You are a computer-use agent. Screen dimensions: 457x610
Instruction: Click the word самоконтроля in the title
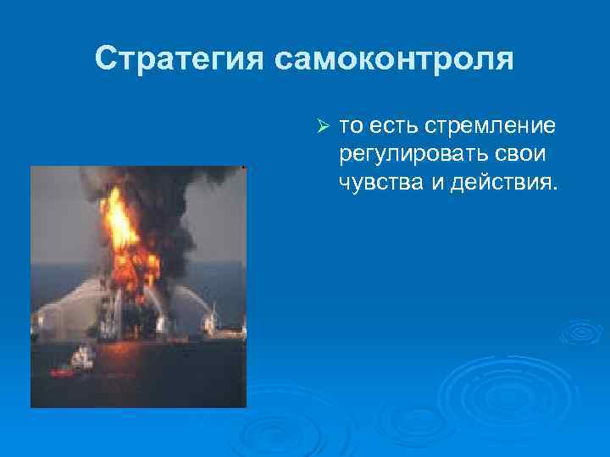(x=395, y=59)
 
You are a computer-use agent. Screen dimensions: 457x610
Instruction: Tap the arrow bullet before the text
(x=322, y=127)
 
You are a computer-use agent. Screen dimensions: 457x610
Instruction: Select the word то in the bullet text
(x=352, y=127)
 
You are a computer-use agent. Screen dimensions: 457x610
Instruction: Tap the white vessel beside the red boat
(x=82, y=357)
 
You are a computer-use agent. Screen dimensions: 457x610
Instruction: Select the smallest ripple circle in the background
(x=581, y=333)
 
